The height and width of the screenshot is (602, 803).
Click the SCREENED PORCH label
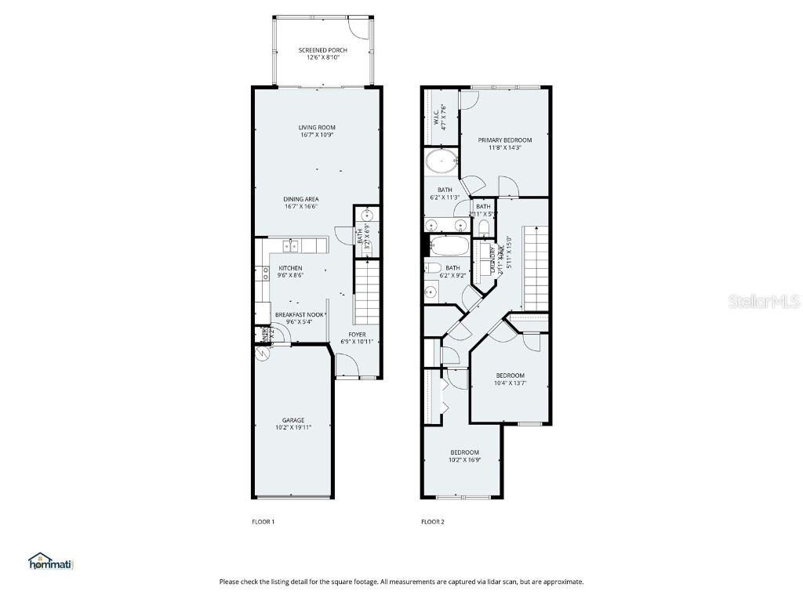pyautogui.click(x=322, y=50)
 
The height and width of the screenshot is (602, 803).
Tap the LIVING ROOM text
pyautogui.click(x=317, y=128)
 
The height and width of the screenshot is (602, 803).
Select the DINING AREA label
pyautogui.click(x=301, y=199)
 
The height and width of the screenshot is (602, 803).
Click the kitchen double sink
pyautogui.click(x=290, y=246)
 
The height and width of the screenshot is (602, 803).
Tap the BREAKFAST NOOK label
pyautogui.click(x=294, y=314)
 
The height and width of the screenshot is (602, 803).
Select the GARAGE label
pyautogui.click(x=293, y=420)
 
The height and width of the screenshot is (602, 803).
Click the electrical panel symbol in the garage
pyautogui.click(x=262, y=354)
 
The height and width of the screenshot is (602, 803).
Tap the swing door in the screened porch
pyautogui.click(x=357, y=27)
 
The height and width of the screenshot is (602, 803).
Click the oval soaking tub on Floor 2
pyautogui.click(x=443, y=163)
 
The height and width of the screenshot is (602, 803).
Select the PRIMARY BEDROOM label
pyautogui.click(x=505, y=140)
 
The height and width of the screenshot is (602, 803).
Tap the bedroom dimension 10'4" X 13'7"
pyautogui.click(x=510, y=383)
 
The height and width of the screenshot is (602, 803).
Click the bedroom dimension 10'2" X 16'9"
pyautogui.click(x=464, y=460)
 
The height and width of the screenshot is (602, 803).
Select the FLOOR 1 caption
pyautogui.click(x=263, y=521)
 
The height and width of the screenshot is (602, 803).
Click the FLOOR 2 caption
pyautogui.click(x=433, y=521)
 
